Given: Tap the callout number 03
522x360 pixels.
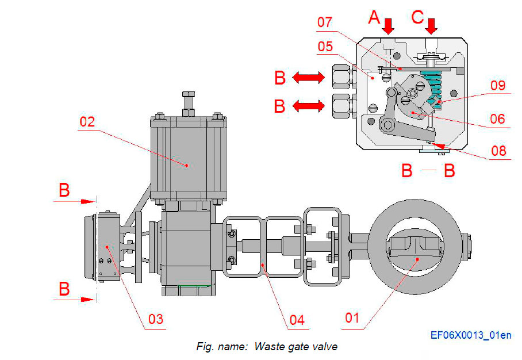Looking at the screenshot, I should [155, 319].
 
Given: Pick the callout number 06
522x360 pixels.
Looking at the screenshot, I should [497, 119].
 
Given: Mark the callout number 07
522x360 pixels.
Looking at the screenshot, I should [325, 23].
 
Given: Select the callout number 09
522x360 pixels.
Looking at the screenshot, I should [497, 86].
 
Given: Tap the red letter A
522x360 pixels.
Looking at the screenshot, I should [374, 17].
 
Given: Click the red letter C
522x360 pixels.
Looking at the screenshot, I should [418, 17].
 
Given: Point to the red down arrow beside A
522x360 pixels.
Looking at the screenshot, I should [389, 25].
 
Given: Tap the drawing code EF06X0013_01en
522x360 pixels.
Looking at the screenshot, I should [471, 335].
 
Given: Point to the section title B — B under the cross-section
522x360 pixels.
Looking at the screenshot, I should [428, 171].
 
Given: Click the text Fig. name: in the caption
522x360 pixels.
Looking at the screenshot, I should [222, 346].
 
